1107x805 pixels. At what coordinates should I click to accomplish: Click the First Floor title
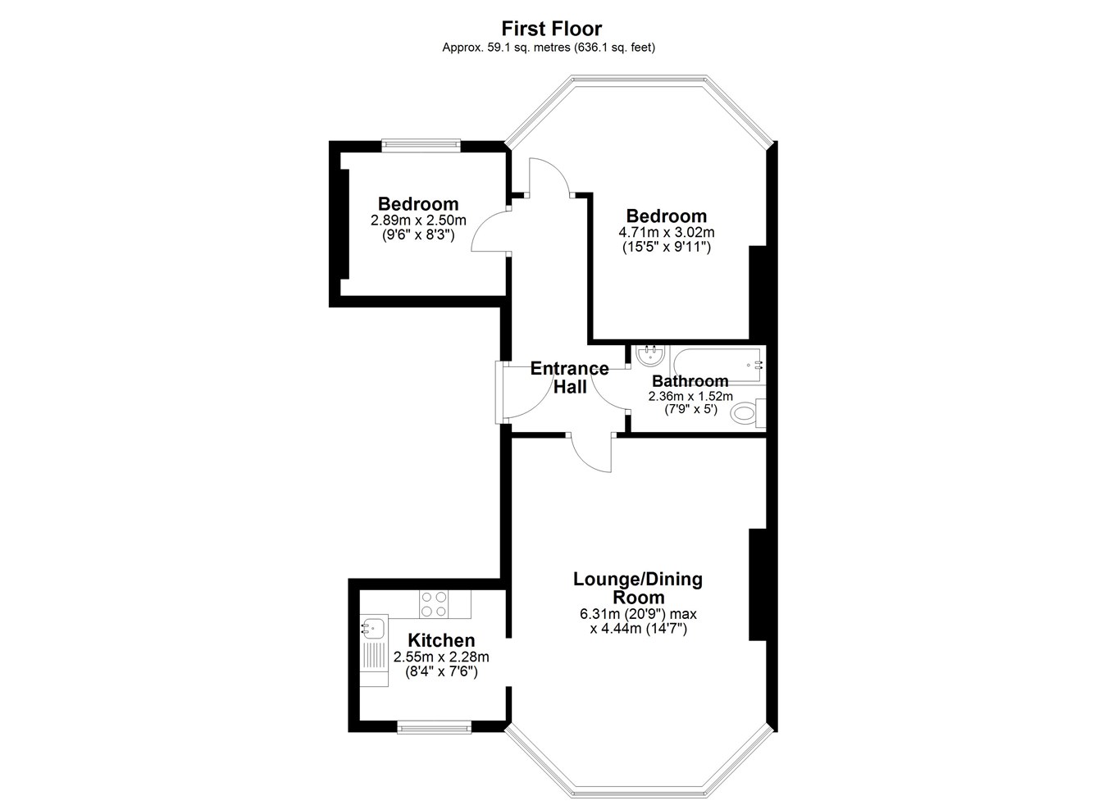tap(552, 29)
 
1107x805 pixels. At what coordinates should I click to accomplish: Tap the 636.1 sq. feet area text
tap(614, 48)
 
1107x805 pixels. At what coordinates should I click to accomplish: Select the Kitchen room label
tap(441, 640)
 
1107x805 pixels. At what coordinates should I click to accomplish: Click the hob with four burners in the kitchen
tap(434, 604)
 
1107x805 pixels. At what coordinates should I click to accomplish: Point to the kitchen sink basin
tap(373, 628)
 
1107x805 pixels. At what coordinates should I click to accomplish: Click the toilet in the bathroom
tap(747, 412)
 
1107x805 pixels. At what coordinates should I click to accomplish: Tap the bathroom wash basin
tap(650, 355)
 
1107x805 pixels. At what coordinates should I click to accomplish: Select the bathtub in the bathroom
tap(717, 366)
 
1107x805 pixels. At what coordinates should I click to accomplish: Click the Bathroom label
tap(690, 381)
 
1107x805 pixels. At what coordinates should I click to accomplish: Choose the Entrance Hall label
tap(569, 378)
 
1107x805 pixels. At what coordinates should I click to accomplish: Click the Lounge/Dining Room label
tap(638, 588)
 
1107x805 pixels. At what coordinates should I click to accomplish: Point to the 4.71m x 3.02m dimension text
tap(666, 232)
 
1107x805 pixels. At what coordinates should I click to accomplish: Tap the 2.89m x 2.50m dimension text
tap(418, 220)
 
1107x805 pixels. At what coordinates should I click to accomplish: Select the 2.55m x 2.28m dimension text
tap(441, 657)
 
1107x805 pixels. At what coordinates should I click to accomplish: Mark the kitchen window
tap(435, 727)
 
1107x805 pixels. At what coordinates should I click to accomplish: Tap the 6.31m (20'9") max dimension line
tap(638, 614)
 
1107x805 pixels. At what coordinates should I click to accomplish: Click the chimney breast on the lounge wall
tap(758, 584)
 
